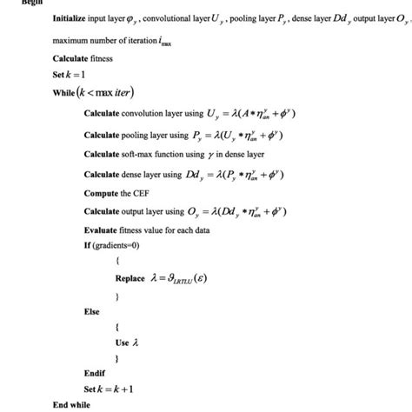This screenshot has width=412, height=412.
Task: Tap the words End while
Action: pos(72,404)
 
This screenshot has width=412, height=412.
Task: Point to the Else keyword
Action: pos(92,311)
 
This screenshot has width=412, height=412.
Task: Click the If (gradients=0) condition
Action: pos(118,246)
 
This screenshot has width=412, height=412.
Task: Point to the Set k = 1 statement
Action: pos(69,75)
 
